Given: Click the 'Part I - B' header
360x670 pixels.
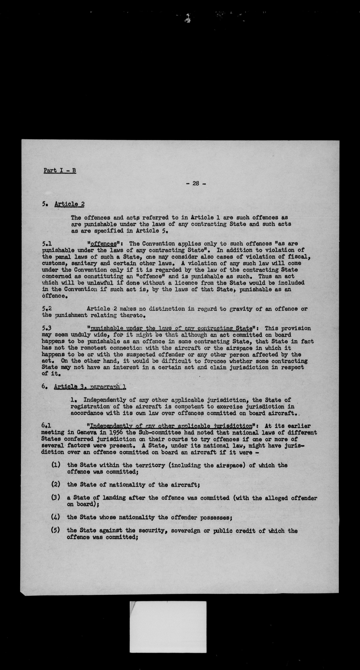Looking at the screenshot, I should (60, 171).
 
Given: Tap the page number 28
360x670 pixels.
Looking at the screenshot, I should (196, 184).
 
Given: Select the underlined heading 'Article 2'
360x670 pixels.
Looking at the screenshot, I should (69, 204).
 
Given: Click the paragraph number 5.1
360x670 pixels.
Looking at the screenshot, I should (47, 244).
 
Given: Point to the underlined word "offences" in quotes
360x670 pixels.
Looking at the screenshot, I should (103, 244).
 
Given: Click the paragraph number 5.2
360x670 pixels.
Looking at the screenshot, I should (47, 309).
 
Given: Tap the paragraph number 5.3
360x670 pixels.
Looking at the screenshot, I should (47, 328).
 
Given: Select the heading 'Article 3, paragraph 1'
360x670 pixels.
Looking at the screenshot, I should (90, 387).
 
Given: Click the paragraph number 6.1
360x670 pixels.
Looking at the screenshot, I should (46, 426).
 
